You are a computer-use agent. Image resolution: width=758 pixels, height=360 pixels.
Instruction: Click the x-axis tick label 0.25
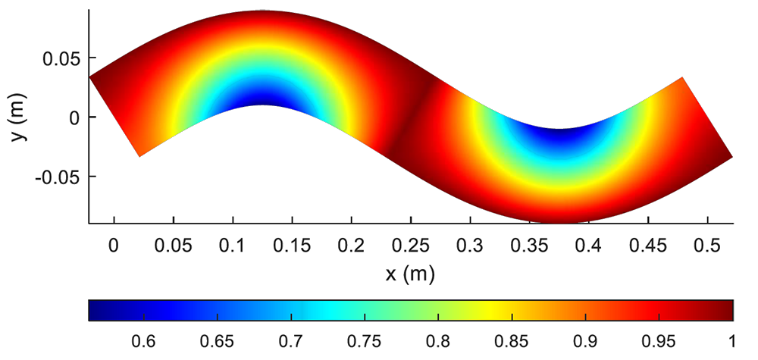411,246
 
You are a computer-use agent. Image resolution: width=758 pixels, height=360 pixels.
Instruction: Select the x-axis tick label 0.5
707,246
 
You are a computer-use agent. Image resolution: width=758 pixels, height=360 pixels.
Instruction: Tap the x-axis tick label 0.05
174,246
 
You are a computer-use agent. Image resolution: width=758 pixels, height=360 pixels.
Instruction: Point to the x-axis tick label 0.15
293,246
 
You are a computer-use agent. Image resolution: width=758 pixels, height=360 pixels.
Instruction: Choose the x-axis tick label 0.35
529,246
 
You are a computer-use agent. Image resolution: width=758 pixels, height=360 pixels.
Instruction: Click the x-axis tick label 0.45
648,246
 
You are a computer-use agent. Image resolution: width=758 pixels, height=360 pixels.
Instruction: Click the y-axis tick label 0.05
61,58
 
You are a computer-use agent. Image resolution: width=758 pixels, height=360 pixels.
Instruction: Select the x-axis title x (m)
409,274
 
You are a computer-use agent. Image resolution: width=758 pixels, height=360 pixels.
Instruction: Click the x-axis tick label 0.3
471,246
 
